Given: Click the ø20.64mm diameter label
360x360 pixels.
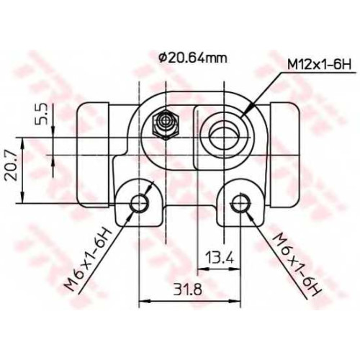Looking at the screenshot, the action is (192, 58).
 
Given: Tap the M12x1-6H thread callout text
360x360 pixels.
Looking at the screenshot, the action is (320, 65).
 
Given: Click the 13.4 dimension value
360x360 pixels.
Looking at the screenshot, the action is (220, 257).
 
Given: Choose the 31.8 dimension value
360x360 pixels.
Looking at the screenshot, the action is (188, 289).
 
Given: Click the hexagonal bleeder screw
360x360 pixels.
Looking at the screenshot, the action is (166, 124).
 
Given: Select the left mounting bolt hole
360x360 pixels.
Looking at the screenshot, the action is (139, 203).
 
